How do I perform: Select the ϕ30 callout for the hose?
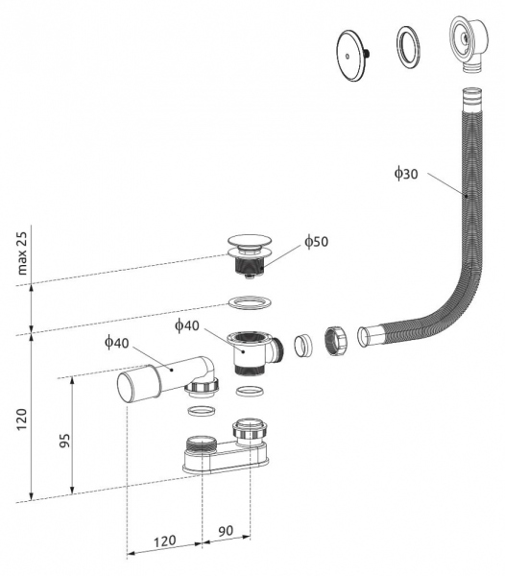[x=404, y=173]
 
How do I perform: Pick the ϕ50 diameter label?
[x=316, y=242]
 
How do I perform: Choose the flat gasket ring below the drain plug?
[x=249, y=304]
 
